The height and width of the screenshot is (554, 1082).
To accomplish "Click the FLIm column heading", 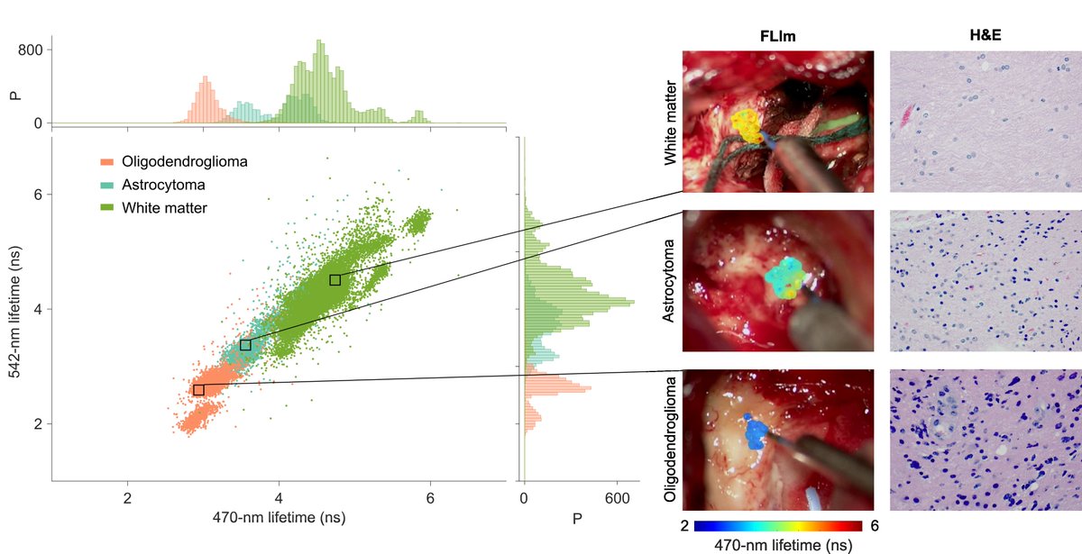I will (x=777, y=37).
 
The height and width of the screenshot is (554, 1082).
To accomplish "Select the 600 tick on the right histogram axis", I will (x=617, y=497).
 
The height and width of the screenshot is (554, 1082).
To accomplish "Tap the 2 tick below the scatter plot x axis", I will (x=128, y=497).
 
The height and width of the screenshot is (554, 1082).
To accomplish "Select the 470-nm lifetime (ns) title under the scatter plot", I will (x=281, y=518).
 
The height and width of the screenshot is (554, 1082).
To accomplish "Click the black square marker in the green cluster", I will (x=335, y=280).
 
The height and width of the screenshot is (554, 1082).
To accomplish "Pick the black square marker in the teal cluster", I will (x=245, y=345).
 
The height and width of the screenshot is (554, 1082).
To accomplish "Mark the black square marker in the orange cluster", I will (x=198, y=390).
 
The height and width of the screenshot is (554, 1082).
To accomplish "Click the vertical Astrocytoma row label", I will (x=670, y=280).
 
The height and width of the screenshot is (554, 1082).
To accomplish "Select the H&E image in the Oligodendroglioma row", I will (x=985, y=440).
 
